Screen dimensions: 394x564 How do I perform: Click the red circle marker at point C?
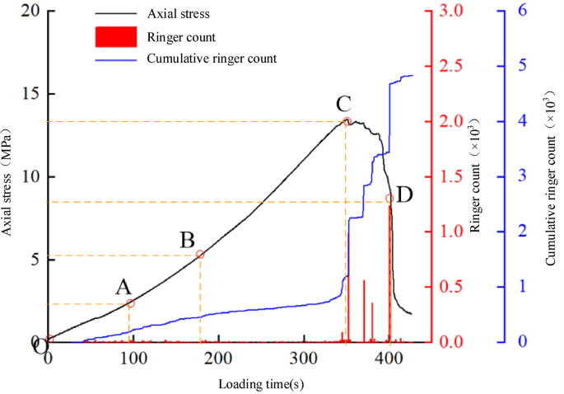(x=347, y=121)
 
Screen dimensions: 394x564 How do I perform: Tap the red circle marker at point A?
(x=129, y=303)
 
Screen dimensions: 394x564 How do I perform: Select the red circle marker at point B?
(x=200, y=255)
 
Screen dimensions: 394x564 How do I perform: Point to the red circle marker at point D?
(x=389, y=198)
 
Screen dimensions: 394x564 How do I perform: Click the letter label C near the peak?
(x=344, y=104)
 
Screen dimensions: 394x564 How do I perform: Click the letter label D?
(x=404, y=195)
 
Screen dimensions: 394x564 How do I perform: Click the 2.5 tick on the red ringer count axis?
(x=448, y=66)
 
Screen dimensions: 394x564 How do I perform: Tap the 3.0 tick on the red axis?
(x=448, y=12)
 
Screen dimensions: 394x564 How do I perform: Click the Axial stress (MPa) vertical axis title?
(x=7, y=181)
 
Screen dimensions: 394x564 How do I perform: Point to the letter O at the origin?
(x=40, y=347)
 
